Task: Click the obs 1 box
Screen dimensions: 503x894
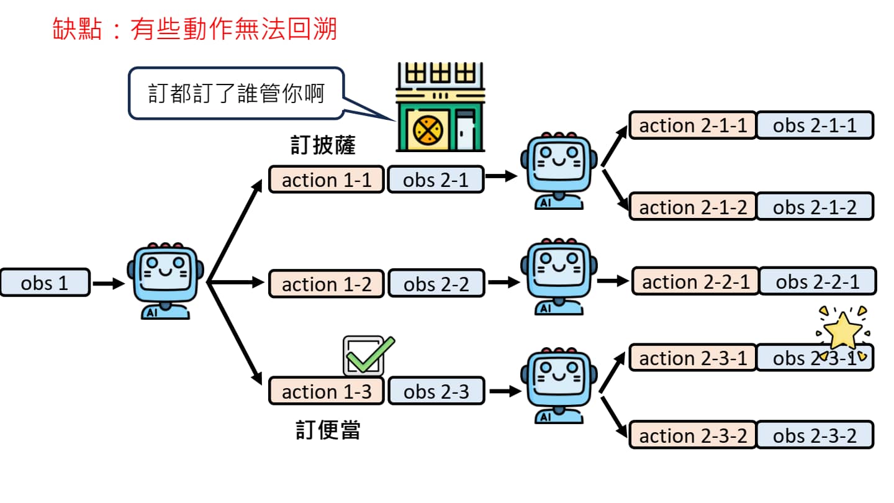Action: (45, 283)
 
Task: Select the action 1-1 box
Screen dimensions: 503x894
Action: (326, 180)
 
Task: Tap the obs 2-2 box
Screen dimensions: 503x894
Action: (436, 284)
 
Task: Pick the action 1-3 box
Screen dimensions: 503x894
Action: (326, 392)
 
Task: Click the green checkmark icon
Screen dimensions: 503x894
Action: (368, 356)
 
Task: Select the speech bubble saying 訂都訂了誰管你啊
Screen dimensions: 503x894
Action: (236, 94)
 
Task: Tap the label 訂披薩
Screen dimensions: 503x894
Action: (323, 146)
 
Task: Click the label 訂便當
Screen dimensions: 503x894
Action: (328, 430)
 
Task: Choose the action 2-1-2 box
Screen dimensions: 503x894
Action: (693, 207)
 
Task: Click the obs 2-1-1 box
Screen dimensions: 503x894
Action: (815, 125)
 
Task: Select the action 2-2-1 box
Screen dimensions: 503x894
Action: (695, 281)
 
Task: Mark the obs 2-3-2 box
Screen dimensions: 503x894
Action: (815, 435)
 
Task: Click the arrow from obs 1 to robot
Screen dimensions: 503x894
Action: (109, 284)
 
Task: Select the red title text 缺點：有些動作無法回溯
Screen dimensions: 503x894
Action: (195, 29)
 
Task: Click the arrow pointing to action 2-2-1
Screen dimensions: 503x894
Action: (613, 281)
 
